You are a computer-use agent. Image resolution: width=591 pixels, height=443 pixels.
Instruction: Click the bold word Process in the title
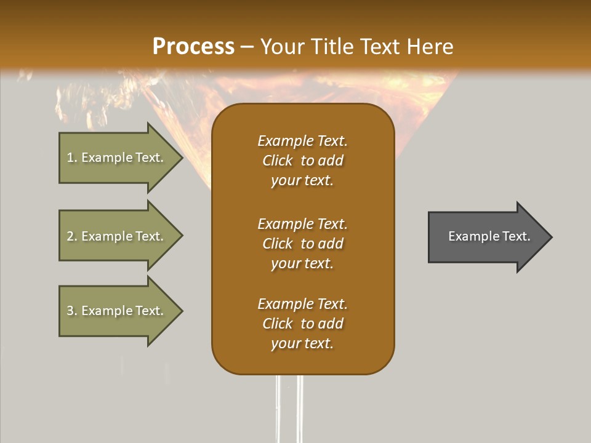point(193,47)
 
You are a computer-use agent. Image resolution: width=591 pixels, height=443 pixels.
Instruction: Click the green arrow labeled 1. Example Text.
point(116,158)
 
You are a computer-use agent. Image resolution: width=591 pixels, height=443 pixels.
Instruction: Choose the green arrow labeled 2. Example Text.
point(116,236)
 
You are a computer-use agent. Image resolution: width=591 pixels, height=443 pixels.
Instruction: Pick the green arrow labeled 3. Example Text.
point(116,311)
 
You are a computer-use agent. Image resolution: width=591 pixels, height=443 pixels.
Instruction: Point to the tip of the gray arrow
point(550,236)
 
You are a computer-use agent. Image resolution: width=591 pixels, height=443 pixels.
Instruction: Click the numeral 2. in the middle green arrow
point(71,236)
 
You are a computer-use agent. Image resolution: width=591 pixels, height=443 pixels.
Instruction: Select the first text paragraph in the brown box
point(302,161)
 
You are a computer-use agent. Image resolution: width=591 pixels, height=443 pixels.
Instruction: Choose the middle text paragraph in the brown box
point(302,243)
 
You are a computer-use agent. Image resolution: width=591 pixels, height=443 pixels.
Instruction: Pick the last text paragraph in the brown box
point(302,324)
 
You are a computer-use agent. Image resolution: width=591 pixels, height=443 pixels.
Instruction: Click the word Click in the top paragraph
point(278,161)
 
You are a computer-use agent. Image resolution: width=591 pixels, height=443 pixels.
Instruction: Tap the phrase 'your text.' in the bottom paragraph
point(302,343)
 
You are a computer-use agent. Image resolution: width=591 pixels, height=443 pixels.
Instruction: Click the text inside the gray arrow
point(489,236)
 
